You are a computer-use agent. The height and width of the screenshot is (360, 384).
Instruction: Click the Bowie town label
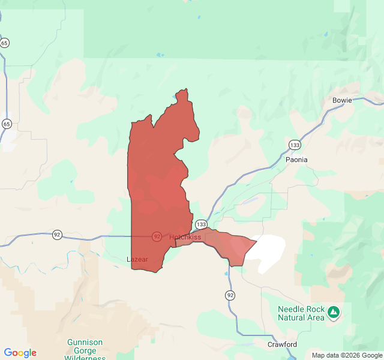pos(342,100)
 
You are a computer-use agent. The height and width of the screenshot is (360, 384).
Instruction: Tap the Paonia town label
pos(296,160)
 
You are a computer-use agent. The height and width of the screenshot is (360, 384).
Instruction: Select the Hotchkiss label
pos(185,237)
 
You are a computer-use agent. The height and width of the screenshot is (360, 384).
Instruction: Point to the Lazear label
pos(137,259)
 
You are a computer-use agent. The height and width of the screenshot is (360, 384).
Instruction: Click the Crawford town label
pos(282,344)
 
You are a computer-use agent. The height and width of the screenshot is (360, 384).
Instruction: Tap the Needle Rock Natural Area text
pos(301,313)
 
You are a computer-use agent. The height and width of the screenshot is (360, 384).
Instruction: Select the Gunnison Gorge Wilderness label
pos(85,346)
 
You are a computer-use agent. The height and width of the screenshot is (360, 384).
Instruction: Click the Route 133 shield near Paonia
pos(294,145)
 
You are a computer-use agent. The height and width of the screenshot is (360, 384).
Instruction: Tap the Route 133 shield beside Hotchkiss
pos(201,224)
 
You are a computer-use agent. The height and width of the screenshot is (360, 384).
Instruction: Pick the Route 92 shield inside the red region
pos(157,236)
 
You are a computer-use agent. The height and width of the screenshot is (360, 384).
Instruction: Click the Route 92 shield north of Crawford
pos(230,295)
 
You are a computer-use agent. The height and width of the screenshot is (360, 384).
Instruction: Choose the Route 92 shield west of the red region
pos(57,234)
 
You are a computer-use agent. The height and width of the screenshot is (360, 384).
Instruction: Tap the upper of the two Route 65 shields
pos(5,43)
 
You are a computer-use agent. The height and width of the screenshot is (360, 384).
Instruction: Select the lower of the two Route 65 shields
pos(7,124)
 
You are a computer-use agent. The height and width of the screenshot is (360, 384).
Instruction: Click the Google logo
pos(20,353)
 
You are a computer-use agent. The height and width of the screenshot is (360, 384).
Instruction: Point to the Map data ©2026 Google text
pos(347,355)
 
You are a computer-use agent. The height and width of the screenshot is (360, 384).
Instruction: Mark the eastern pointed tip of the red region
pos(257,241)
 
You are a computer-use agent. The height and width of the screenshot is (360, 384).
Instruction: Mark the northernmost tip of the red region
pos(186,89)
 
